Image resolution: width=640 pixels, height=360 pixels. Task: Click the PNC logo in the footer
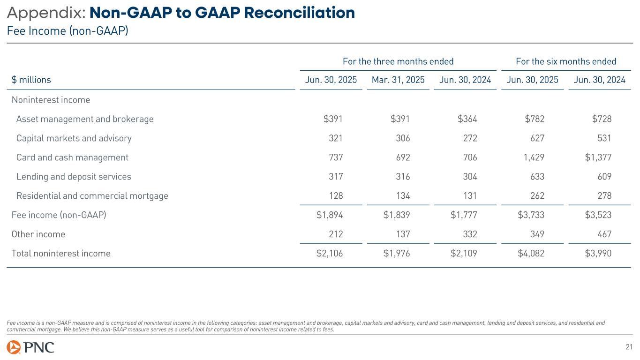30,347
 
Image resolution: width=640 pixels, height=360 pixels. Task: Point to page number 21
629,347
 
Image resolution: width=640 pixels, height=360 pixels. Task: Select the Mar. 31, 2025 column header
398,80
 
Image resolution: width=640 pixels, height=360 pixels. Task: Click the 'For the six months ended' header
566,61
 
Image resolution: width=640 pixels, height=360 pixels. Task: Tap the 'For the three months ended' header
398,61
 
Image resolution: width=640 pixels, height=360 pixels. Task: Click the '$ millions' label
31,80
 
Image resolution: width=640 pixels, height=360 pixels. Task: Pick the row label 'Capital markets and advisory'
74,138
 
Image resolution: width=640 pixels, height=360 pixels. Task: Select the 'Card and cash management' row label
72,157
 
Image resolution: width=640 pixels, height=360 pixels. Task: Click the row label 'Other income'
38,234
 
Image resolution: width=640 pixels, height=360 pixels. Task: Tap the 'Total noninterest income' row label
61,254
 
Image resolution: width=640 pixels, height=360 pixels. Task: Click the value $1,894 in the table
330,215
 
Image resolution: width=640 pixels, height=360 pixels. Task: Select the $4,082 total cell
531,254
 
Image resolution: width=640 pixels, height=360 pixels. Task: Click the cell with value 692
402,157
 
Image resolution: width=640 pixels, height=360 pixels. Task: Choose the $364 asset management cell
467,119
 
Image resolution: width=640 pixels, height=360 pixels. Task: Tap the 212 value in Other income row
335,234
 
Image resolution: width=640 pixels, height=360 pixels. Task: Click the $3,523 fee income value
598,215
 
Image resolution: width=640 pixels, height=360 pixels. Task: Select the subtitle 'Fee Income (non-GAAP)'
68,31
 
